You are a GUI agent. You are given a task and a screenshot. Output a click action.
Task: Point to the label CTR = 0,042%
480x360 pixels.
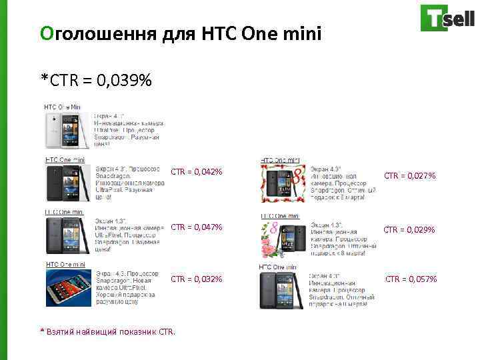(197, 172)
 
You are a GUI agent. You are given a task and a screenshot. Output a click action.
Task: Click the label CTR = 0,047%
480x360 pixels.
(197, 227)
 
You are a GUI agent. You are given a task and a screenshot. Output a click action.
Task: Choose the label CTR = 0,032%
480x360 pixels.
(197, 279)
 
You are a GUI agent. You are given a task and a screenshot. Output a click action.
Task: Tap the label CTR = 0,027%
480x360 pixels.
(410, 176)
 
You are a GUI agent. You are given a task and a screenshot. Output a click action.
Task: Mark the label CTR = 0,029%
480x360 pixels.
(410, 229)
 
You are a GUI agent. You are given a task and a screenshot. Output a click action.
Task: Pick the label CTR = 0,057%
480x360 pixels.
(411, 279)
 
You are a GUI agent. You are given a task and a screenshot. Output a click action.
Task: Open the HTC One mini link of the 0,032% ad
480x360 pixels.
(65, 265)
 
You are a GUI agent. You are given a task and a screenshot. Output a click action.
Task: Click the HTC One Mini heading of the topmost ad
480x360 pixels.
(62, 107)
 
